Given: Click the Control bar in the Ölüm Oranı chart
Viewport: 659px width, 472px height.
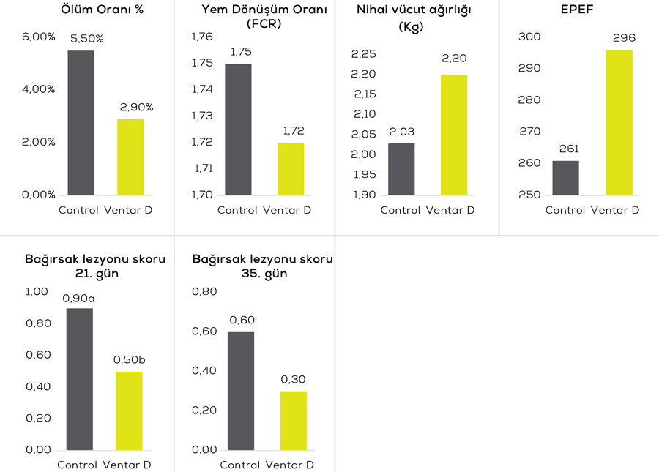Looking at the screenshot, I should tap(81, 123).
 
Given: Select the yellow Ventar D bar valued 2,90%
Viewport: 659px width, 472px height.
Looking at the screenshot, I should tap(130, 157).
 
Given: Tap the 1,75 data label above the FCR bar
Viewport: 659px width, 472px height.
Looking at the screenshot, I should tap(241, 52).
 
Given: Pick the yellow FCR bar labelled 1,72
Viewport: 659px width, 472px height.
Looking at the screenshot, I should tap(291, 168).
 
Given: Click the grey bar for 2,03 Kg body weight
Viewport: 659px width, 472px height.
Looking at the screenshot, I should tap(401, 169).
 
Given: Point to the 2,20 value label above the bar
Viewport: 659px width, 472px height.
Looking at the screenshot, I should tap(454, 59).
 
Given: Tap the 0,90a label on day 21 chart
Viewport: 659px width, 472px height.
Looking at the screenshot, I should tap(79, 298).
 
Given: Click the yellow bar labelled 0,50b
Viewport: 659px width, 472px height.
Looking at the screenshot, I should tap(129, 411).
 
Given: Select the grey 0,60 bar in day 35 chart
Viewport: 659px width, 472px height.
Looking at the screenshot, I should tap(241, 391).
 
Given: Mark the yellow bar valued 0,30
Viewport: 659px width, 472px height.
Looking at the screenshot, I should tap(293, 420).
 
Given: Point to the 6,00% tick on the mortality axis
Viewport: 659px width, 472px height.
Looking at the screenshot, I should tap(37, 37).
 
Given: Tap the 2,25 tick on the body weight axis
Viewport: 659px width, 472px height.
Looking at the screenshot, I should tap(363, 54).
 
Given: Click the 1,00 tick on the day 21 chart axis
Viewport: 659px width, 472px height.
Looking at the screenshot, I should tap(37, 291).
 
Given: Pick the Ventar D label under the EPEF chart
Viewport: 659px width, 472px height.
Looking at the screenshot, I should tap(615, 210).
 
